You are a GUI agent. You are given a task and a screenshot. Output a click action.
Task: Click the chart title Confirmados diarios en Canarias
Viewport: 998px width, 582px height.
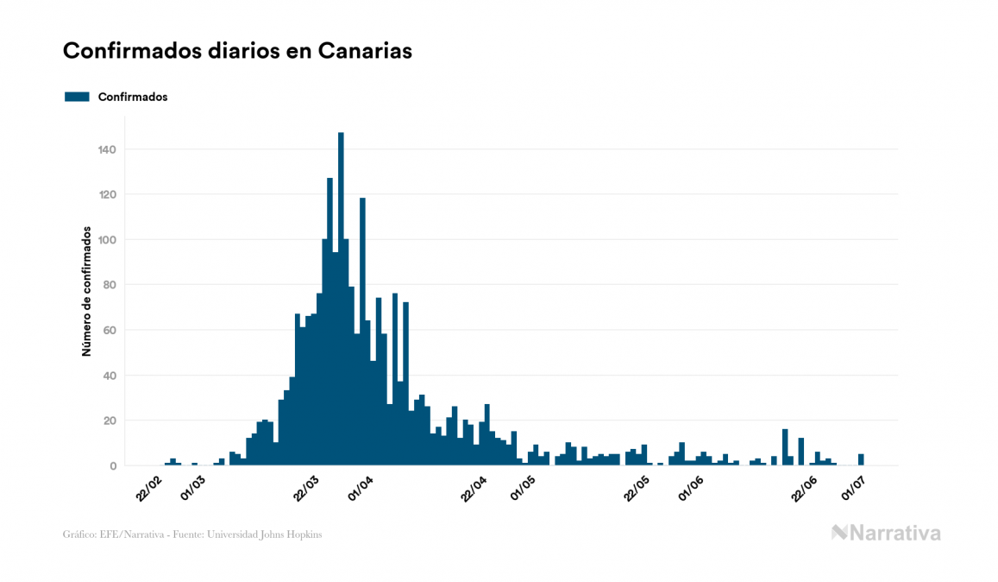coord(237,51)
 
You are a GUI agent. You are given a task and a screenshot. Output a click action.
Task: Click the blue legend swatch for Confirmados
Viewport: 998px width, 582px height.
coord(77,97)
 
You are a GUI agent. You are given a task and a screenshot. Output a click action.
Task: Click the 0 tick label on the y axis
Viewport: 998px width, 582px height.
coord(113,466)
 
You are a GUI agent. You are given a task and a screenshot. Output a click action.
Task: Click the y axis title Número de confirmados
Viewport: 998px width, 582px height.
coord(86,292)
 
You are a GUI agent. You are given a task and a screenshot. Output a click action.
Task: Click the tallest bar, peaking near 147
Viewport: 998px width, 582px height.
coord(341,302)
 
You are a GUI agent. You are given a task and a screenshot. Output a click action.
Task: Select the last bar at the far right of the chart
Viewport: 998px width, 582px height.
coord(861,460)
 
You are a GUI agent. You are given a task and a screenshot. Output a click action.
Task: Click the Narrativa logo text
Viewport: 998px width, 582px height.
coord(895,533)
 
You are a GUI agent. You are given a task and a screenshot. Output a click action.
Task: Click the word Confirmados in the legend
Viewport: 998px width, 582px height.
coord(133,97)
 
